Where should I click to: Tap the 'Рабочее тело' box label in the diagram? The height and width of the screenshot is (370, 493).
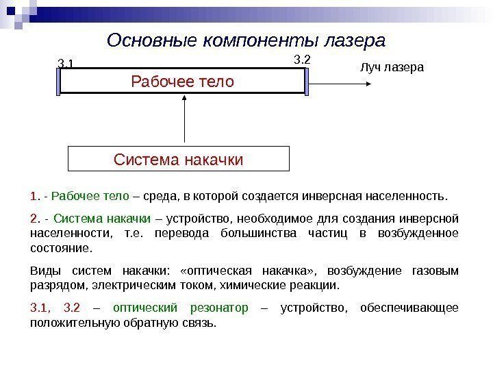pos(182,82)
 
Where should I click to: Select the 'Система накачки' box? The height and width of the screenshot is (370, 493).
pos(179,160)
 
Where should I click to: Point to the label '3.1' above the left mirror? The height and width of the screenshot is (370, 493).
pos(66,64)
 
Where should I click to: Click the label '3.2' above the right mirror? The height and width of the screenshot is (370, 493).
pos(302,60)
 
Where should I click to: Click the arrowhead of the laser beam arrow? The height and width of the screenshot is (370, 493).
pos(368,82)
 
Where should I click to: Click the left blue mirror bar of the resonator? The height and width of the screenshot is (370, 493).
pos(60,82)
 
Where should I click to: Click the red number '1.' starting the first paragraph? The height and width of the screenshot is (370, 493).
pos(35,197)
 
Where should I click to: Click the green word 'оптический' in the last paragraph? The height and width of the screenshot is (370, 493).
pos(144,308)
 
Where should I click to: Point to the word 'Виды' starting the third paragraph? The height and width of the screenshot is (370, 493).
pos(42,271)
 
